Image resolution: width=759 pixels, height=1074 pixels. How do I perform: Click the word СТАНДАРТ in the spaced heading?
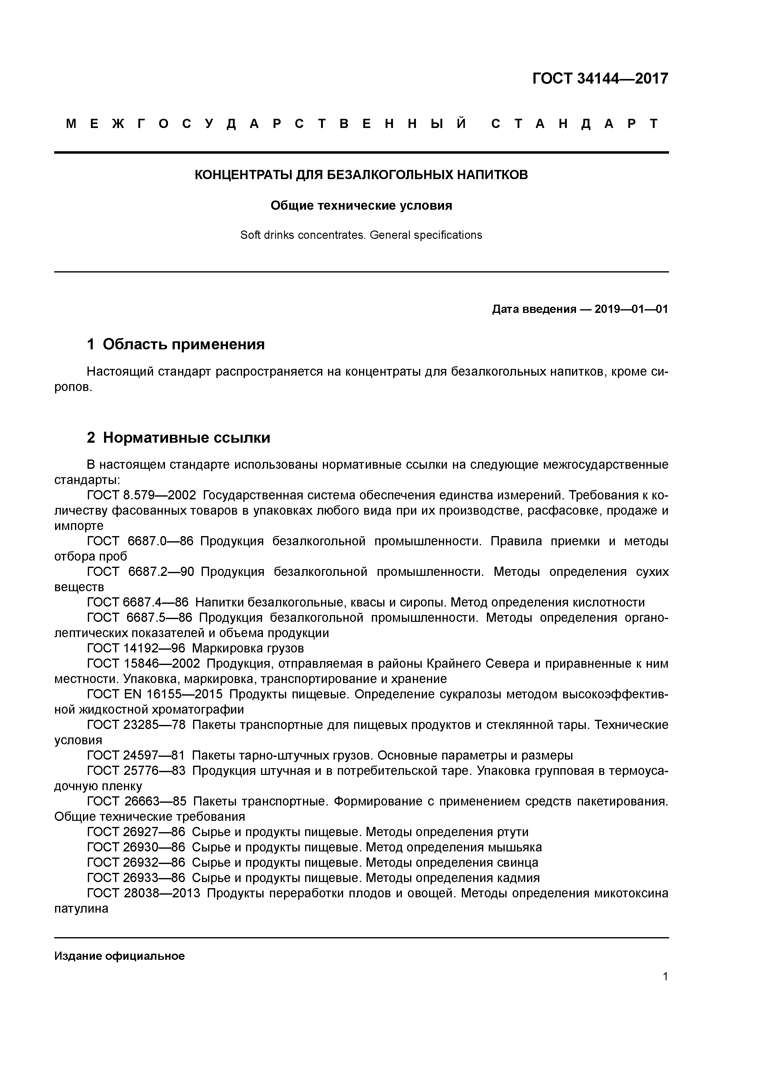[575, 124]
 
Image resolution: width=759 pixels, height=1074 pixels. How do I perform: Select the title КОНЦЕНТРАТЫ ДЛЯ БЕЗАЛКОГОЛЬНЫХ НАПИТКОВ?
[361, 175]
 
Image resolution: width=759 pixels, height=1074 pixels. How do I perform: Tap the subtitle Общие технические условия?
[361, 206]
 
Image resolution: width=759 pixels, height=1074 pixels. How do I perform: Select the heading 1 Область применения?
[176, 345]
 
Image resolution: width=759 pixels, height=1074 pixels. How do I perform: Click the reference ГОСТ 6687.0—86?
[140, 541]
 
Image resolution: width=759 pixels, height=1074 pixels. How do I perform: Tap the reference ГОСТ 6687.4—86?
[137, 603]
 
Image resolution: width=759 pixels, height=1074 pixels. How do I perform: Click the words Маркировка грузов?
[248, 648]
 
